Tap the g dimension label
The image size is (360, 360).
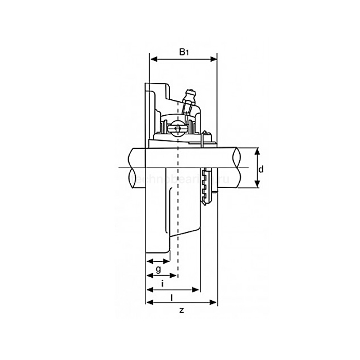[158, 269]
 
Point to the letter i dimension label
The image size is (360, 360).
[163, 283]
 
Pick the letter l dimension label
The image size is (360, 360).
[171, 297]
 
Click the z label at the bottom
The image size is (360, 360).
[181, 310]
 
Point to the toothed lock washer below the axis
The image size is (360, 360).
[207, 185]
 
